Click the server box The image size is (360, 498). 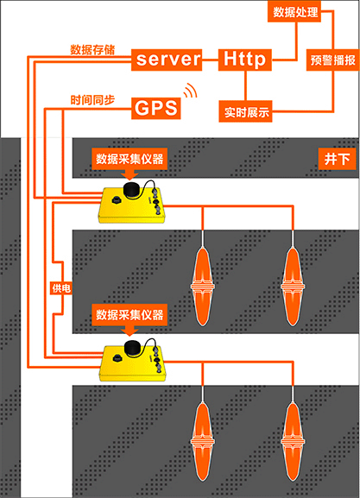click(168, 60)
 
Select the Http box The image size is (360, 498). click(246, 60)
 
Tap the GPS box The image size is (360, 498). click(156, 108)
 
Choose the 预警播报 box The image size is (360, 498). click(332, 60)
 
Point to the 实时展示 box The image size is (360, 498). click(246, 110)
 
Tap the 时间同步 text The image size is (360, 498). click(92, 99)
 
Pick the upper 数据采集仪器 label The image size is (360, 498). click(129, 159)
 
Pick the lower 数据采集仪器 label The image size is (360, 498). click(129, 313)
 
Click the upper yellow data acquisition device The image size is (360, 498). click(135, 205)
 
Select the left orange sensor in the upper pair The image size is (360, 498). click(203, 284)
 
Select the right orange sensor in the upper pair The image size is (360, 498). click(291, 284)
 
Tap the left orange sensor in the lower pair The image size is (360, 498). click(203, 439)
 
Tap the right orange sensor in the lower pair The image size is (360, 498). click(291, 439)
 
